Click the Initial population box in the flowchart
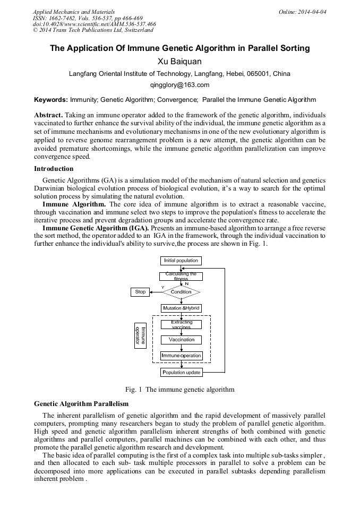pyautogui.click(x=181, y=261)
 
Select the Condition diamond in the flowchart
pyautogui.click(x=181, y=292)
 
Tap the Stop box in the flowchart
pyautogui.click(x=140, y=292)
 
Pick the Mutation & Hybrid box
pyautogui.click(x=181, y=308)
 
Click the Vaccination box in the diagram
pyautogui.click(x=181, y=340)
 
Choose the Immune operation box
pyautogui.click(x=181, y=356)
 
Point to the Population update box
pyautogui.click(x=181, y=373)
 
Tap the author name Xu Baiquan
pyautogui.click(x=180, y=62)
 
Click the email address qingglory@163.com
pyautogui.click(x=180, y=85)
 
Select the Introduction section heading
pyautogui.click(x=54, y=169)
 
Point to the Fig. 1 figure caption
pyautogui.click(x=179, y=390)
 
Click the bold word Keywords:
pyautogui.click(x=51, y=100)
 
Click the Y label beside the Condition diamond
pyautogui.click(x=162, y=287)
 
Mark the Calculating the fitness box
pyautogui.click(x=181, y=276)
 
